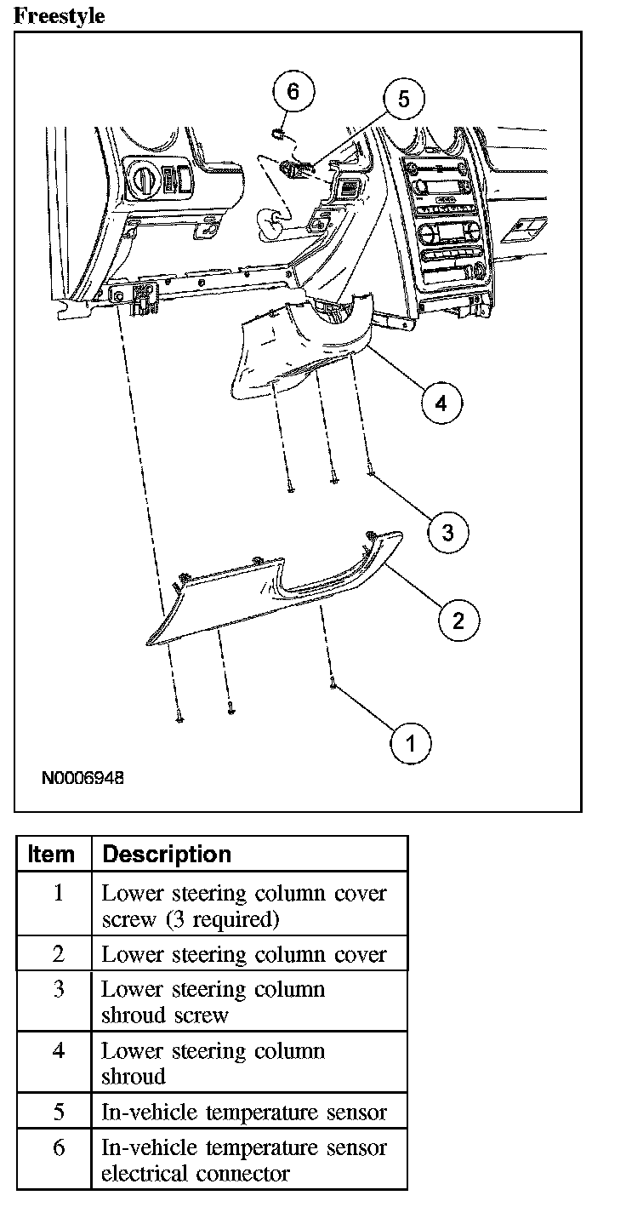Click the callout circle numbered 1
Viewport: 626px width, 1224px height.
tap(411, 744)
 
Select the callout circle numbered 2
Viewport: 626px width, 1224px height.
tap(458, 620)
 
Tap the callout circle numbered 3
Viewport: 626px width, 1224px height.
tap(447, 534)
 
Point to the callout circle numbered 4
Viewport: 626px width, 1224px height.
tap(441, 402)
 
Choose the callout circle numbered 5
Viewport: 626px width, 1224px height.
tap(403, 100)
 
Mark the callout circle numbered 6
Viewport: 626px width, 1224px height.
tap(293, 92)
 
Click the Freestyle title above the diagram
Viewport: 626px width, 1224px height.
tap(60, 15)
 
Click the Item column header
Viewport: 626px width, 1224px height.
tap(52, 854)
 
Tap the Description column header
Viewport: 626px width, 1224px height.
tap(167, 854)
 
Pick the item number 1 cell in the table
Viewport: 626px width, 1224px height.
tap(58, 895)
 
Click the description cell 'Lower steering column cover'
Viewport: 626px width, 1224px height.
tap(244, 954)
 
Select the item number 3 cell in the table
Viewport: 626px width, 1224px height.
tap(58, 990)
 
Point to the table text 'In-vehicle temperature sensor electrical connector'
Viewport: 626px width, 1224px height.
tap(244, 1160)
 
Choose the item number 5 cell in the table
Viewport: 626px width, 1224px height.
tap(58, 1112)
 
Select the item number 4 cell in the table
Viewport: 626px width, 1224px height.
tap(58, 1051)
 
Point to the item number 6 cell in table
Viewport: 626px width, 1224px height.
tap(58, 1147)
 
